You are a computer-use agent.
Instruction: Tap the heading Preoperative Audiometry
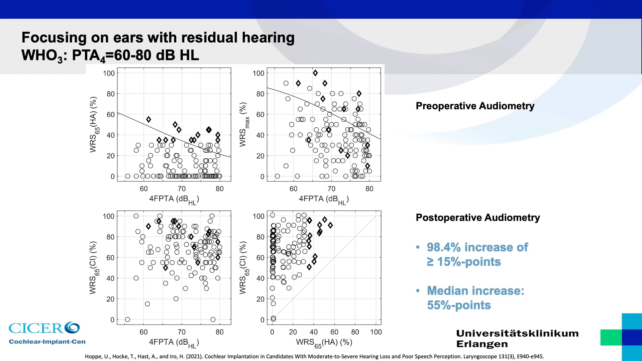pyautogui.click(x=475, y=106)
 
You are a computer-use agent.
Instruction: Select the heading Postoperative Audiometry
pyautogui.click(x=477, y=218)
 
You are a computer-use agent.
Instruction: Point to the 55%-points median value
pyautogui.click(x=458, y=305)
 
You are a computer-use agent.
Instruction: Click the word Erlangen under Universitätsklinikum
pyautogui.click(x=482, y=344)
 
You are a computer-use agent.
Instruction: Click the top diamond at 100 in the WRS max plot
pyautogui.click(x=315, y=73)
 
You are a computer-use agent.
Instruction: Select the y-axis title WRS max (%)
pyautogui.click(x=243, y=125)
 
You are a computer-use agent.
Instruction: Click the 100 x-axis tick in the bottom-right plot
pyautogui.click(x=376, y=332)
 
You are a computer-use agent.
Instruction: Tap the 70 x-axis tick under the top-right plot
pyautogui.click(x=331, y=189)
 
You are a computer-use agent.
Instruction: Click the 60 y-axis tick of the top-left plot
pyautogui.click(x=110, y=114)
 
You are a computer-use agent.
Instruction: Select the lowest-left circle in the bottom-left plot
pyautogui.click(x=127, y=320)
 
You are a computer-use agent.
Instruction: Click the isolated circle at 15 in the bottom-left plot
pyautogui.click(x=147, y=304)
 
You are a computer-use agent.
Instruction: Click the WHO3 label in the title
pyautogui.click(x=41, y=55)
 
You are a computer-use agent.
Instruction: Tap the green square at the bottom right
pyautogui.click(x=611, y=337)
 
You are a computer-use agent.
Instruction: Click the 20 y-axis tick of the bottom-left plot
pyautogui.click(x=110, y=299)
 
